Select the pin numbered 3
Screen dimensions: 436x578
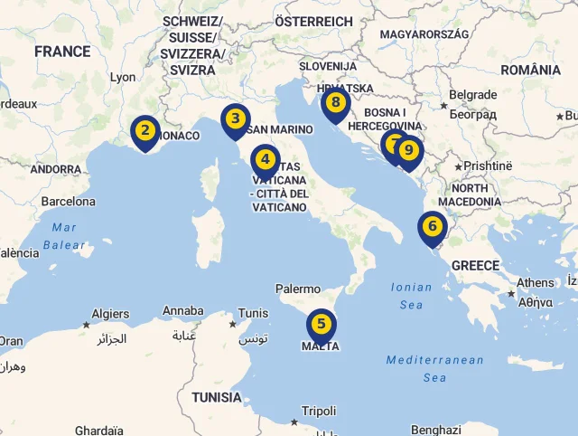click(x=235, y=119)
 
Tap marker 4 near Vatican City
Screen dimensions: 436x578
click(x=265, y=160)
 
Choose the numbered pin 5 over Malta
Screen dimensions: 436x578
click(x=322, y=324)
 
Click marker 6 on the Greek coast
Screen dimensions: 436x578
click(x=433, y=227)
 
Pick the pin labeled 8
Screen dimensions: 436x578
click(x=335, y=104)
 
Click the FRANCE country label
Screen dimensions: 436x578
click(x=62, y=52)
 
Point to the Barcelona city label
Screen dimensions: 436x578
click(x=68, y=201)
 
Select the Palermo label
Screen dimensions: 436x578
click(x=298, y=289)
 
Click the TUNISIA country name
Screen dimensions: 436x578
click(x=217, y=397)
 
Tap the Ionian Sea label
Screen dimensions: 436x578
click(x=411, y=296)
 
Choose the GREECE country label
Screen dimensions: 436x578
click(x=475, y=265)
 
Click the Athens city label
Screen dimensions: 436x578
click(x=536, y=282)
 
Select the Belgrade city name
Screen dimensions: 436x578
click(x=472, y=94)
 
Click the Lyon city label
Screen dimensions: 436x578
click(x=123, y=78)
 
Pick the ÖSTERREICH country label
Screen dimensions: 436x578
click(x=313, y=21)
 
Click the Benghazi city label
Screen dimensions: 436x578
click(x=435, y=430)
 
